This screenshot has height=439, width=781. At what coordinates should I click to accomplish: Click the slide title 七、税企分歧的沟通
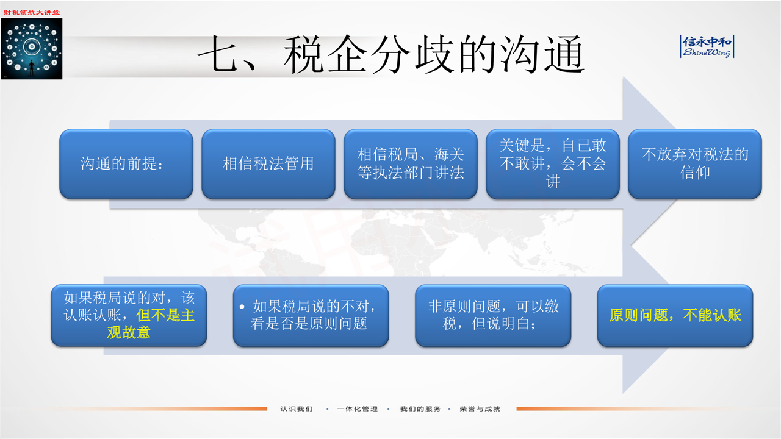tap(390, 54)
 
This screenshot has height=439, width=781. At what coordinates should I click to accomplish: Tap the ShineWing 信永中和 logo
tap(707, 46)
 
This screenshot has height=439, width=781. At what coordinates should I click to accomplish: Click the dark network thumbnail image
tap(32, 49)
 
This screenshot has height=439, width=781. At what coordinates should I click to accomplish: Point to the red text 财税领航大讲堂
tap(32, 13)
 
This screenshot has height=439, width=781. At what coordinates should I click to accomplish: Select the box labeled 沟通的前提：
tap(126, 164)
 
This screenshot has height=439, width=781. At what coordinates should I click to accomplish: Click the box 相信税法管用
tap(268, 164)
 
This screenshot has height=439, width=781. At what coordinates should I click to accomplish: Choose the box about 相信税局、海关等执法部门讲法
tap(411, 164)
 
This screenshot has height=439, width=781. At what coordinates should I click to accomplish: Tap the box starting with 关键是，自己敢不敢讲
tap(553, 164)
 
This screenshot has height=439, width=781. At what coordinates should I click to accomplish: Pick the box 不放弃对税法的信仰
tap(695, 164)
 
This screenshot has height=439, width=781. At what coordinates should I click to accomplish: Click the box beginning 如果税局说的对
tap(129, 316)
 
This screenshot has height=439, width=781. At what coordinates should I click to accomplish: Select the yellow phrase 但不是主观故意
tap(146, 324)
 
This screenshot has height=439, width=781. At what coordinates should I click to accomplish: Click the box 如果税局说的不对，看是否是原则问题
tap(311, 316)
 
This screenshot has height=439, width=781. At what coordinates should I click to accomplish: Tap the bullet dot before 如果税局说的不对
tap(242, 307)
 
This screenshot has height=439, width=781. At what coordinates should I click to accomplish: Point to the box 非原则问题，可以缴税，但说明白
tap(493, 316)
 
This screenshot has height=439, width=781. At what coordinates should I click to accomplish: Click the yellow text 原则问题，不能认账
tap(675, 315)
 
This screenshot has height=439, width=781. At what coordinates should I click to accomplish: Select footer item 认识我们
tap(297, 409)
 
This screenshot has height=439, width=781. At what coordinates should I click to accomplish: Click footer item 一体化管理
tap(358, 409)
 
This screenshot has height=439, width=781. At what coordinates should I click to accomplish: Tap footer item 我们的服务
tap(420, 409)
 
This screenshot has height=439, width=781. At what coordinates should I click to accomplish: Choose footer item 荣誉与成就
tap(480, 409)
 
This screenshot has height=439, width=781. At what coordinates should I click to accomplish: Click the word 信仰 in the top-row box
tap(695, 173)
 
